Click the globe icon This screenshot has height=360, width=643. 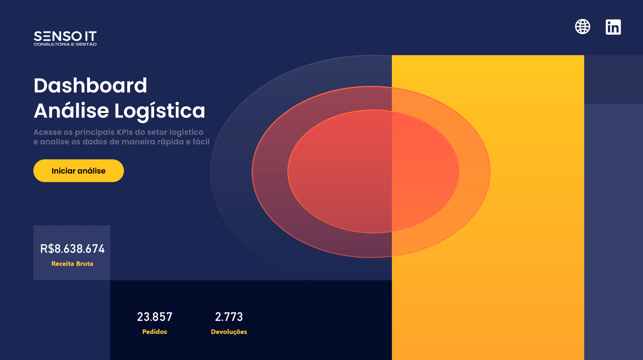pyautogui.click(x=582, y=27)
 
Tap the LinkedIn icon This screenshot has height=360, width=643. pyautogui.click(x=613, y=27)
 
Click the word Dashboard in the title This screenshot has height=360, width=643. pyautogui.click(x=91, y=86)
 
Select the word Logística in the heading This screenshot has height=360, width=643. pyautogui.click(x=160, y=111)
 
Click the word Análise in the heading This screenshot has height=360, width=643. pyautogui.click(x=71, y=110)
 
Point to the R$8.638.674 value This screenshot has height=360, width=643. pyautogui.click(x=72, y=249)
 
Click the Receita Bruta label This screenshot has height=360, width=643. pyautogui.click(x=72, y=263)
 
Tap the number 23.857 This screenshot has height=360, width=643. pyautogui.click(x=155, y=317)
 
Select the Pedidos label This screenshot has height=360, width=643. pyautogui.click(x=155, y=331)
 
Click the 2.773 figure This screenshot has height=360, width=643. pyautogui.click(x=229, y=317)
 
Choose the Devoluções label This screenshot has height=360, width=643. pyautogui.click(x=229, y=332)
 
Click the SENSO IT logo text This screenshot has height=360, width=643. pyautogui.click(x=65, y=36)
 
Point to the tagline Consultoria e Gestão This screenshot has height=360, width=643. pyautogui.click(x=65, y=44)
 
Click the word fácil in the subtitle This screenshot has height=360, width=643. pyautogui.click(x=201, y=141)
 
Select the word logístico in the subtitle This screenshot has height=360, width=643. pyautogui.click(x=186, y=133)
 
